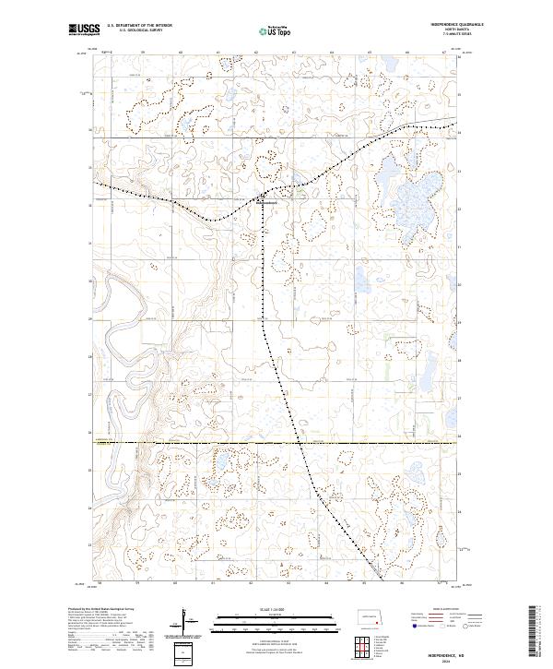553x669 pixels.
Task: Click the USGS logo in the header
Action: tap(83, 30)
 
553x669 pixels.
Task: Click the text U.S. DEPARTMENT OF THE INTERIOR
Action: tap(139, 26)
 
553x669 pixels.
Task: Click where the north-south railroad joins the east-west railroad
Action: tap(263, 198)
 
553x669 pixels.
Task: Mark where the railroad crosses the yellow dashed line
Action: tap(300, 442)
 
